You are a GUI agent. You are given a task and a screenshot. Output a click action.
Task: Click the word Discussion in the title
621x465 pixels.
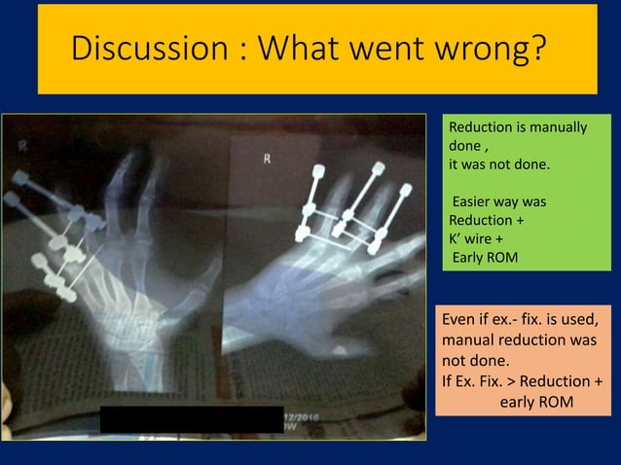[x=133, y=48]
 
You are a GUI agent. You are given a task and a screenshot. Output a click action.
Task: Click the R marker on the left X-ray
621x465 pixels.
[x=21, y=145]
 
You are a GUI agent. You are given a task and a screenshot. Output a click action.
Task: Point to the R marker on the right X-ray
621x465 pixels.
[x=267, y=159]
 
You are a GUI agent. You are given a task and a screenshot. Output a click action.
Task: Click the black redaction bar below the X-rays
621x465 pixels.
[x=191, y=419]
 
